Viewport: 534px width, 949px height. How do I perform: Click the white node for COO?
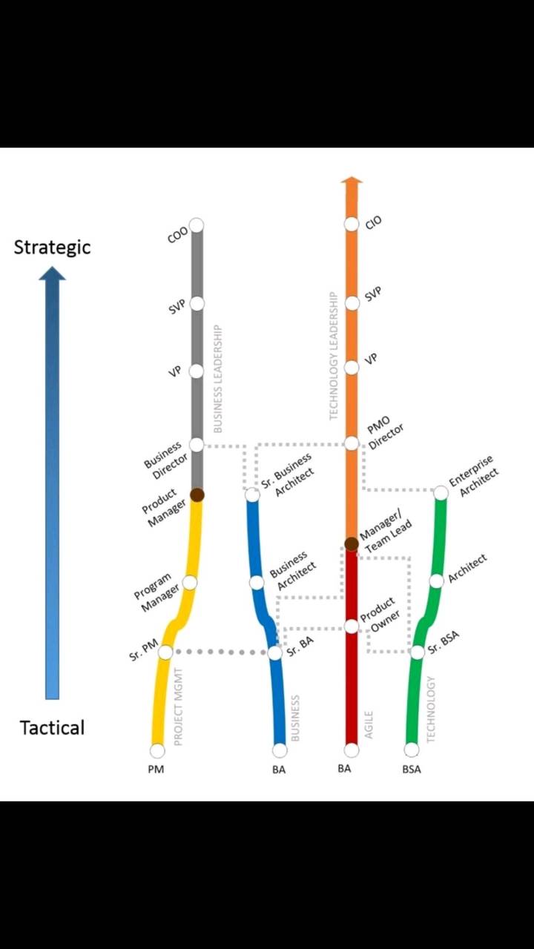(197, 225)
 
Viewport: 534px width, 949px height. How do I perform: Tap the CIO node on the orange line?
(352, 224)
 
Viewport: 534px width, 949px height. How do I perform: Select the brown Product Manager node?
(197, 495)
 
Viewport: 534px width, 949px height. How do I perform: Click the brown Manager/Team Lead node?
(352, 543)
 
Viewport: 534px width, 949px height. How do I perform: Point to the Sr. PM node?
(165, 652)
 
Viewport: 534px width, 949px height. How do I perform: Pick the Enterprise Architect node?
(441, 492)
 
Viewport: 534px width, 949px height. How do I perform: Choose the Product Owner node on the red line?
(352, 626)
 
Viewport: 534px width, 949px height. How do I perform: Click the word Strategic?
(52, 248)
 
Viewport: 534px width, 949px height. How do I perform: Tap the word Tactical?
(52, 728)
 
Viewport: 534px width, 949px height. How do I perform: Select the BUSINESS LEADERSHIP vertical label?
(217, 379)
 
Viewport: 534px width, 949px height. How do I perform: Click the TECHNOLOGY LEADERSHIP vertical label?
(334, 356)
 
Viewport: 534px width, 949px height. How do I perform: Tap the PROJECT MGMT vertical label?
(178, 707)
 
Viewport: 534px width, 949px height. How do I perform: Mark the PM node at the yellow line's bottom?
(157, 750)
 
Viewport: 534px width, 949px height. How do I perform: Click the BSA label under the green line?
(412, 770)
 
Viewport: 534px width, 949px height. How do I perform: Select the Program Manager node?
(189, 583)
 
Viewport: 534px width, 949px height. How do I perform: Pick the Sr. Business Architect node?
(253, 495)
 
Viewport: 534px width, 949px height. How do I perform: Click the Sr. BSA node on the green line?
(418, 652)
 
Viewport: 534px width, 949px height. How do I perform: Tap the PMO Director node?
(352, 443)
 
